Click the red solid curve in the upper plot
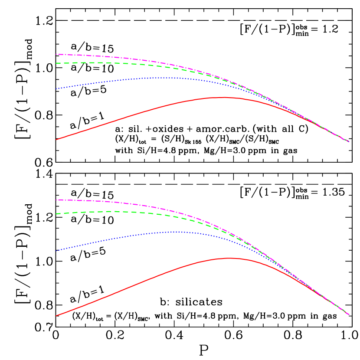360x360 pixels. [x=130, y=116]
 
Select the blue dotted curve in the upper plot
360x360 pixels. [x=130, y=79]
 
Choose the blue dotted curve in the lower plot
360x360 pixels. [x=130, y=236]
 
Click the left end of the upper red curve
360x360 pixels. [x=56, y=139]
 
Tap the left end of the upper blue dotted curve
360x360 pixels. [x=56, y=88]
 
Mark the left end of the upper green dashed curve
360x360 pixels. [x=56, y=63]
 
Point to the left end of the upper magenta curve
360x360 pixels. [x=56, y=54]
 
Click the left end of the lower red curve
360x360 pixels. [x=56, y=315]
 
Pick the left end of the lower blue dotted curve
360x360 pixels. [x=56, y=250]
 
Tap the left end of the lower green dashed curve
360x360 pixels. [x=56, y=213]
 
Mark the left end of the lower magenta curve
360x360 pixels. [x=56, y=200]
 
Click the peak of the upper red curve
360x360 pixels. [x=223, y=98]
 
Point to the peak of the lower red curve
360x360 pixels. [x=228, y=258]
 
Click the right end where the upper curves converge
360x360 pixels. [x=348, y=141]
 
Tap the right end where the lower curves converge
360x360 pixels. [x=348, y=314]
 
